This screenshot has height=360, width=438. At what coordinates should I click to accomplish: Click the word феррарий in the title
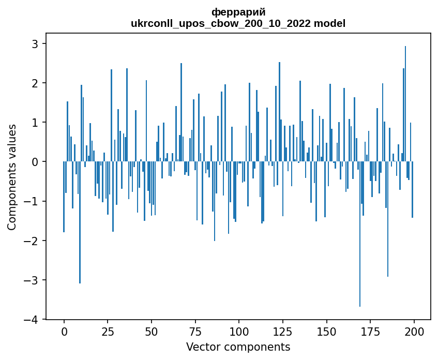click(238, 12)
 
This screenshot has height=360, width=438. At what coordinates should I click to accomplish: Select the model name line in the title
click(238, 23)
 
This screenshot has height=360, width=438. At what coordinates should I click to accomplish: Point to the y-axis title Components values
click(12, 177)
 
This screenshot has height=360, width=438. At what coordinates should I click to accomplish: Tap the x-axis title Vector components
click(238, 347)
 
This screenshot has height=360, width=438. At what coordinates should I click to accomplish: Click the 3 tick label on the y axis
click(36, 43)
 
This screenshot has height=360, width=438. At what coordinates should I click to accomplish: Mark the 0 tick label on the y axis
click(36, 162)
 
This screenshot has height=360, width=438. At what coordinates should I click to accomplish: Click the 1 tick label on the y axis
click(36, 123)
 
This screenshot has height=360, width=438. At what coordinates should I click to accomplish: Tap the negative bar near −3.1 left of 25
click(80, 222)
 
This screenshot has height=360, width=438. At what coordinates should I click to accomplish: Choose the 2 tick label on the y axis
click(36, 83)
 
